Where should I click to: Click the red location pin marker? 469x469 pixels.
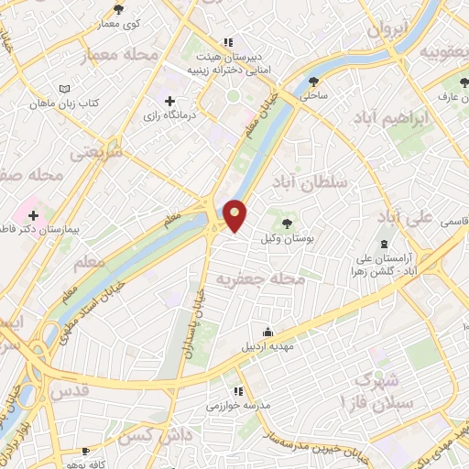[x=236, y=215]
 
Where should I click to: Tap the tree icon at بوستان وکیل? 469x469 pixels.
[x=289, y=224]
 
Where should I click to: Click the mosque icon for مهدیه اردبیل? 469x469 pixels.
[x=267, y=332]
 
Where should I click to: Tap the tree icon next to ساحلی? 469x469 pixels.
[x=315, y=81]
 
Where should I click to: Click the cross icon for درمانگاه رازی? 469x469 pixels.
[x=169, y=101]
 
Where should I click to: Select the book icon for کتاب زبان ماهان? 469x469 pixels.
[x=63, y=88]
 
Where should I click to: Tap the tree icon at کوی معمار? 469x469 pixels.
[x=118, y=9]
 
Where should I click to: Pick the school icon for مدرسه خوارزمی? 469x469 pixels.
[x=238, y=391]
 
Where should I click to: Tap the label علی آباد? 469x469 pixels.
[x=403, y=217]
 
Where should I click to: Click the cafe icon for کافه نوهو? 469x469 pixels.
[x=85, y=451]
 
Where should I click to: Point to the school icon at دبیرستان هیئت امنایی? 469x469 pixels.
[x=228, y=41]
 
